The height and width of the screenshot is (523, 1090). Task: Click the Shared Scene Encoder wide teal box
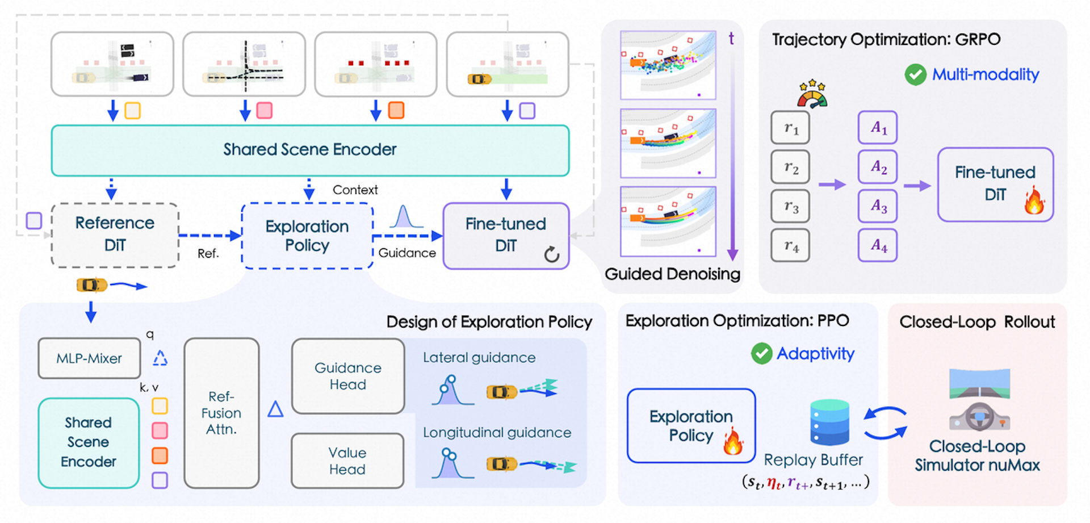pyautogui.click(x=310, y=150)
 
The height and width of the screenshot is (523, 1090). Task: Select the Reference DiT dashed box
pyautogui.click(x=115, y=235)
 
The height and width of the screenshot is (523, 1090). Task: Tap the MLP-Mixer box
pyautogui.click(x=89, y=358)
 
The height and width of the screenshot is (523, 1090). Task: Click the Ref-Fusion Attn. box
pyautogui.click(x=221, y=413)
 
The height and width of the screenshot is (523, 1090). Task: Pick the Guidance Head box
pyautogui.click(x=348, y=376)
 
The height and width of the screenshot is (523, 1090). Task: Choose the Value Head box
pyautogui.click(x=347, y=461)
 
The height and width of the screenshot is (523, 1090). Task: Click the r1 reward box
pyautogui.click(x=790, y=128)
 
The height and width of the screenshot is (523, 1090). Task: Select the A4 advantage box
pyautogui.click(x=878, y=245)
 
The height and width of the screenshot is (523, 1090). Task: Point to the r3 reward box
pyautogui.click(x=790, y=206)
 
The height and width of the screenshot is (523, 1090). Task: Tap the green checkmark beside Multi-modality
pyautogui.click(x=915, y=74)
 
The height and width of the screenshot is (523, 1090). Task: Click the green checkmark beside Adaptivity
pyautogui.click(x=761, y=353)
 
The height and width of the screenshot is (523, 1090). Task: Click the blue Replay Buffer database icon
pyautogui.click(x=829, y=422)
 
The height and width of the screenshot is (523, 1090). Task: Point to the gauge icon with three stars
pyautogui.click(x=812, y=94)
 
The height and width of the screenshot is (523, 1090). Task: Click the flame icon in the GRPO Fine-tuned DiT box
pyautogui.click(x=1034, y=201)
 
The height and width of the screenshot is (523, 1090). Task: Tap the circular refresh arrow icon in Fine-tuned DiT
pyautogui.click(x=552, y=254)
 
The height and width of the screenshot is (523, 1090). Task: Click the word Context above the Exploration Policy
pyautogui.click(x=355, y=190)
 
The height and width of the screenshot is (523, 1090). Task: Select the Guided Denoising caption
pyautogui.click(x=672, y=274)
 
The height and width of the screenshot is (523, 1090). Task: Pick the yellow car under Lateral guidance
pyautogui.click(x=501, y=392)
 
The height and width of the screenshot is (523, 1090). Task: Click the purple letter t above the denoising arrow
pyautogui.click(x=731, y=39)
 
